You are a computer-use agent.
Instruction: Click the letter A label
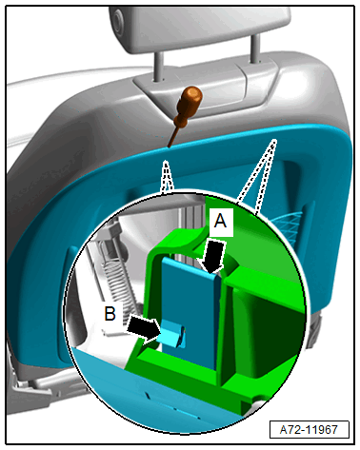tap(220, 221)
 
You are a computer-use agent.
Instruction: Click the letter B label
tap(110, 313)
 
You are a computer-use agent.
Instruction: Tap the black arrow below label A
tap(214, 256)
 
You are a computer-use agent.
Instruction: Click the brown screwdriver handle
tap(188, 105)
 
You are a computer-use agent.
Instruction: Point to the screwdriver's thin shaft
tap(173, 137)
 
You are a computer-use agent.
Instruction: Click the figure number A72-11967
tap(309, 429)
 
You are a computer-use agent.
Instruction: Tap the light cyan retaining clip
tap(170, 335)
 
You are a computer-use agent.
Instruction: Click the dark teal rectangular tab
tap(190, 312)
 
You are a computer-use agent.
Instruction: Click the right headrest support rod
tap(255, 48)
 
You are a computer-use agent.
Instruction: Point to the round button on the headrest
tap(117, 21)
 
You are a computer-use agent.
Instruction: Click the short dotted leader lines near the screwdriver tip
tap(167, 177)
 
